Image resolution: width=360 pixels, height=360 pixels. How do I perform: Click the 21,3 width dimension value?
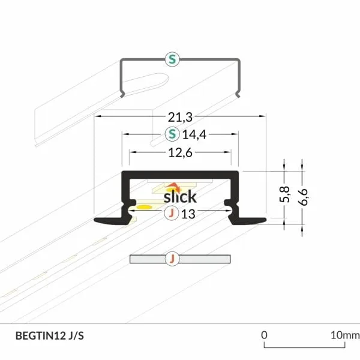[180, 117]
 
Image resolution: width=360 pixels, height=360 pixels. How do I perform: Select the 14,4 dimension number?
[194, 134]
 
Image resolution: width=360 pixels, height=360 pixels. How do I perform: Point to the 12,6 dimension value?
[180, 152]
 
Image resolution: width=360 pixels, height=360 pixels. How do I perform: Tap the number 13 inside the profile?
[188, 214]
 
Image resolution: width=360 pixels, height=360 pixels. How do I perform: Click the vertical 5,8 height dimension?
[284, 194]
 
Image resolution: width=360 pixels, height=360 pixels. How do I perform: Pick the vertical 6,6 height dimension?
[302, 197]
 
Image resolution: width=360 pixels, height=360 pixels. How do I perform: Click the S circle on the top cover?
[172, 59]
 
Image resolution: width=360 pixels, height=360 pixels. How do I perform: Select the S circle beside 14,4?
[172, 134]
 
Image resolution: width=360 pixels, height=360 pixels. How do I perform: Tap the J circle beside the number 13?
[172, 213]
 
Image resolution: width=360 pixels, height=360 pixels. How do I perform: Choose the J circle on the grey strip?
[172, 259]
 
